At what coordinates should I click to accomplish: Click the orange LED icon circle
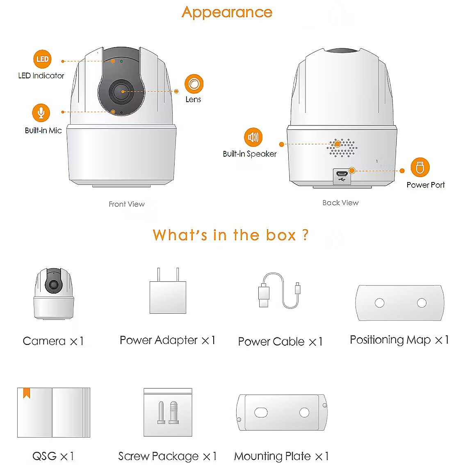[42, 59]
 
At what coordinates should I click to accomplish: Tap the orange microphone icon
[41, 113]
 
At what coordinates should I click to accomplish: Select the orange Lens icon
[194, 84]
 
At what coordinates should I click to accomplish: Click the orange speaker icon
[253, 137]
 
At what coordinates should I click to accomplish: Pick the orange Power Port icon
[420, 167]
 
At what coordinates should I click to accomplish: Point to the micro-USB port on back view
[342, 174]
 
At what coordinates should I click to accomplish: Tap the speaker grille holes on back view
[342, 147]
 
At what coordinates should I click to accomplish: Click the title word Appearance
[227, 13]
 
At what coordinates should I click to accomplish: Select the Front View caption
[127, 204]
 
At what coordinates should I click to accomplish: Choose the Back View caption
[340, 203]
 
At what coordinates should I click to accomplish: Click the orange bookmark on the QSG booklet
[27, 393]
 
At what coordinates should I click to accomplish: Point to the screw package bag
[168, 412]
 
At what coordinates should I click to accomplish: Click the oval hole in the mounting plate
[261, 412]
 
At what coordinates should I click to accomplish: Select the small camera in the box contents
[54, 294]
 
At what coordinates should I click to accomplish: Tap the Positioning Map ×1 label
[399, 340]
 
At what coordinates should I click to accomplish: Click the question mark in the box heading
[305, 235]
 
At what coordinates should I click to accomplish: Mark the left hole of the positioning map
[380, 303]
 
